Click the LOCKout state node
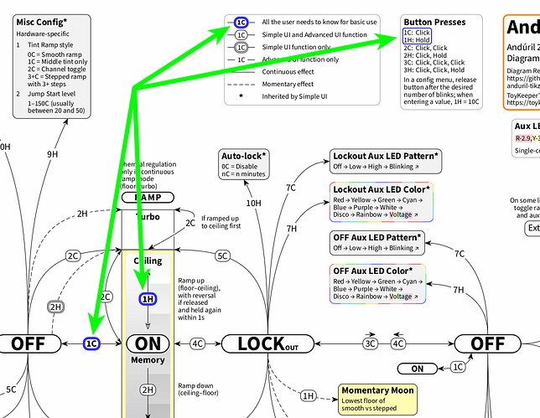267,343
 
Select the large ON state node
148,343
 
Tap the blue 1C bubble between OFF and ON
92,343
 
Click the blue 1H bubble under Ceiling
148,299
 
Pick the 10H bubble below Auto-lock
253,203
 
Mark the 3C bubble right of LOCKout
370,343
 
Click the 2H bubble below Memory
148,390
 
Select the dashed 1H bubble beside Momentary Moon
308,395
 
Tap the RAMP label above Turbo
148,199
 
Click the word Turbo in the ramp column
148,216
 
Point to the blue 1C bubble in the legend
241,22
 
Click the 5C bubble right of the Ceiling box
222,255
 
